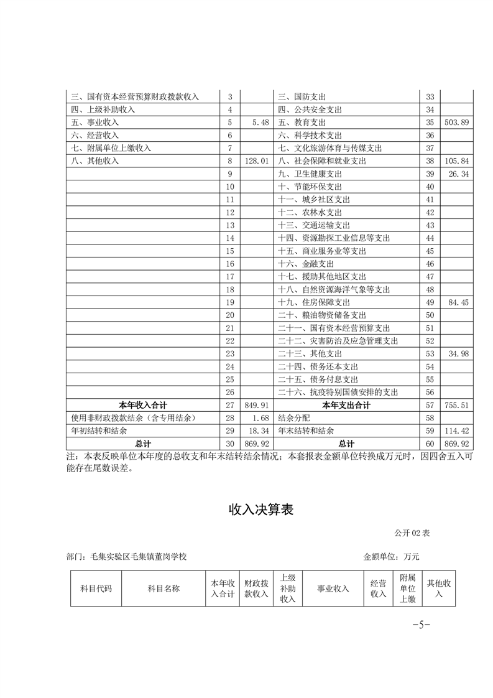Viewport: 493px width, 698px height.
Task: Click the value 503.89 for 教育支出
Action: pyautogui.click(x=458, y=123)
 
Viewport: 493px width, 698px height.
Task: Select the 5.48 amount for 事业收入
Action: pyautogui.click(x=260, y=123)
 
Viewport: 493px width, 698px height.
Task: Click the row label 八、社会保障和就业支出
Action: pyautogui.click(x=324, y=161)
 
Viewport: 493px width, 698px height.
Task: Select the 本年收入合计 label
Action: pyautogui.click(x=142, y=406)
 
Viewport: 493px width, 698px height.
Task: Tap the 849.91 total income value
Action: pyautogui.click(x=257, y=406)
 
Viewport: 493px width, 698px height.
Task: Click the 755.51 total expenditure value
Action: pyautogui.click(x=458, y=406)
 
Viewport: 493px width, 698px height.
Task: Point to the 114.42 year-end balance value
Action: pyautogui.click(x=458, y=431)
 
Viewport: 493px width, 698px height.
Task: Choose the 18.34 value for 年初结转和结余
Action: pyautogui.click(x=259, y=431)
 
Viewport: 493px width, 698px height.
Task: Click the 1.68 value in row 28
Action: pyautogui.click(x=260, y=418)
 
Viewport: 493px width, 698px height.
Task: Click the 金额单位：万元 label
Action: pyautogui.click(x=391, y=557)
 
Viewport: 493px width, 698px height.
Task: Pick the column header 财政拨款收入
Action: pyautogui.click(x=256, y=589)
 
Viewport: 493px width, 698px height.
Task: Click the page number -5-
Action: pyautogui.click(x=422, y=625)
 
